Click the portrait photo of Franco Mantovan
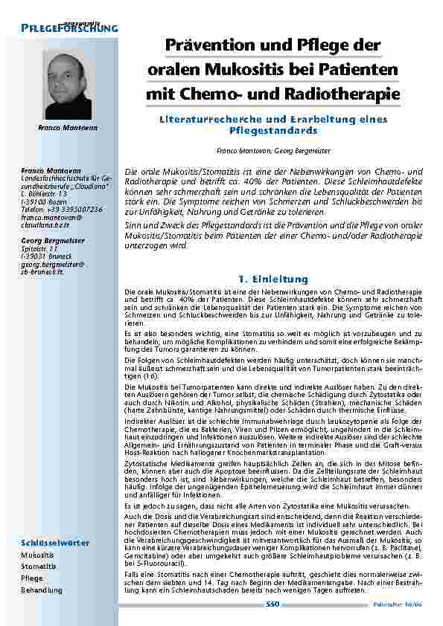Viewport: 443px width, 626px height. pyautogui.click(x=68, y=85)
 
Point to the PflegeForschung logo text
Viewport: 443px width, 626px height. pyautogui.click(x=69, y=28)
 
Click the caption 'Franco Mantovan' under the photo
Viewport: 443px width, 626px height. pyautogui.click(x=68, y=129)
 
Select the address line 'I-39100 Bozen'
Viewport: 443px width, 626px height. pyautogui.click(x=48, y=202)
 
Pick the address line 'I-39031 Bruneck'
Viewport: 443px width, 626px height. pyautogui.click(x=50, y=256)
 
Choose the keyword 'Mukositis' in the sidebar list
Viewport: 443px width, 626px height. pyautogui.click(x=37, y=555)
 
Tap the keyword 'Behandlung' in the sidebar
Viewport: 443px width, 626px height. pyautogui.click(x=42, y=590)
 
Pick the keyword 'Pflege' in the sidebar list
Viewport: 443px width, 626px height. pyautogui.click(x=32, y=578)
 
